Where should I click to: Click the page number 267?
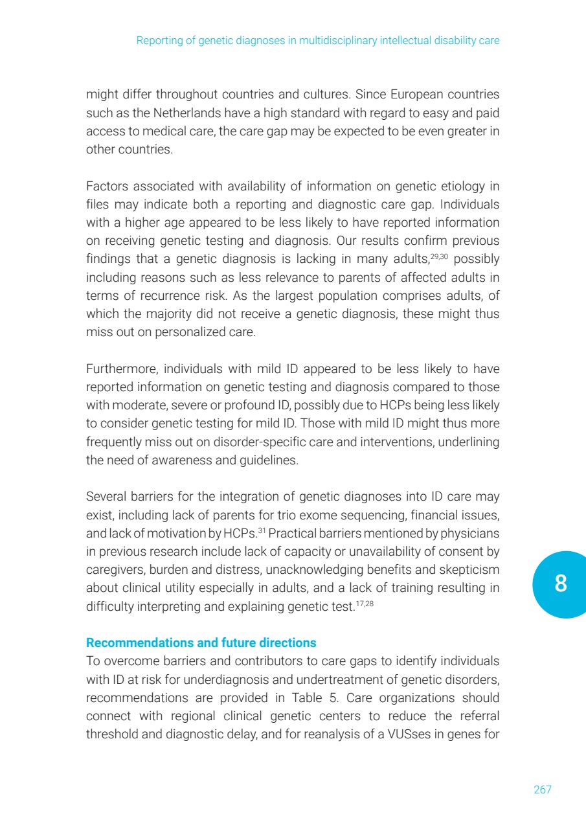click(x=543, y=789)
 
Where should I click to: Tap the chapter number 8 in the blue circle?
click(x=560, y=584)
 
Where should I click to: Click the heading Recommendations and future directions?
click(x=201, y=643)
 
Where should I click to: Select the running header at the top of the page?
click(x=317, y=40)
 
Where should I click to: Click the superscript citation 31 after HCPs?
click(x=262, y=530)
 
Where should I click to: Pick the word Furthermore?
click(x=121, y=369)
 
